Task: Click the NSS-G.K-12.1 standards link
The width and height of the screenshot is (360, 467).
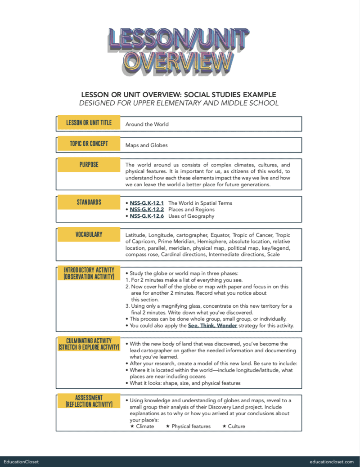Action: pyautogui.click(x=147, y=203)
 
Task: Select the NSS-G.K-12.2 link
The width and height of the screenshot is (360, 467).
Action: pyautogui.click(x=147, y=210)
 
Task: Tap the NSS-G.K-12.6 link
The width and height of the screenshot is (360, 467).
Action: pyautogui.click(x=147, y=216)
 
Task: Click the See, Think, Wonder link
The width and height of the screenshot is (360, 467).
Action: pyautogui.click(x=212, y=325)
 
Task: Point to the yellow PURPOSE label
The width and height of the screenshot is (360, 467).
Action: pyautogui.click(x=89, y=165)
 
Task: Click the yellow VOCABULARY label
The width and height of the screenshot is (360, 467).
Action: pyautogui.click(x=89, y=234)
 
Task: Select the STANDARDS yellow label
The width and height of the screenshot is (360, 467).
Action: pyautogui.click(x=89, y=202)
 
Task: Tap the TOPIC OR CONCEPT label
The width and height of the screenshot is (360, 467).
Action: pyautogui.click(x=89, y=144)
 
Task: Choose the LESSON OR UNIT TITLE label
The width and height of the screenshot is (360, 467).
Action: pyautogui.click(x=89, y=123)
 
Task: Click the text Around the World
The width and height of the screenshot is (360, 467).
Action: pyautogui.click(x=147, y=124)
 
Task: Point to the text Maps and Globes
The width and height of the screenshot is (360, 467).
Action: pyautogui.click(x=147, y=145)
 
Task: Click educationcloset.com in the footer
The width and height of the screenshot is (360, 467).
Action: pyautogui.click(x=332, y=462)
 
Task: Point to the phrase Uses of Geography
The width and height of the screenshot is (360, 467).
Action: pyautogui.click(x=191, y=216)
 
